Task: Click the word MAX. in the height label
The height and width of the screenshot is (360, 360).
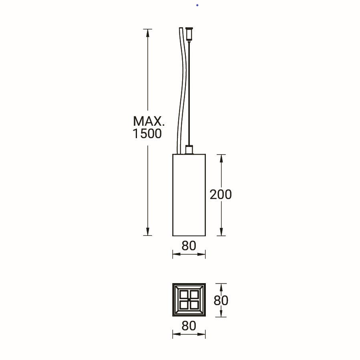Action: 149,121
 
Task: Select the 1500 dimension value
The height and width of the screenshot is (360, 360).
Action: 147,134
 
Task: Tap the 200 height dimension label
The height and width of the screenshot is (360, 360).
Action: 221,195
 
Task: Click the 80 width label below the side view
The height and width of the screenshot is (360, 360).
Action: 189,245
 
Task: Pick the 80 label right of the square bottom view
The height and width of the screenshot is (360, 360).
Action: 221,300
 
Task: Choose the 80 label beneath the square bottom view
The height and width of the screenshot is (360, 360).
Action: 189,326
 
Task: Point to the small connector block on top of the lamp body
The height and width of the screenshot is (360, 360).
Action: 189,149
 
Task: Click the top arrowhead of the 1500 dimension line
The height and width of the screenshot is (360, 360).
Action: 147,33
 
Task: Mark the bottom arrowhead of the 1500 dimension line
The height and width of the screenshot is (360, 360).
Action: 147,231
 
